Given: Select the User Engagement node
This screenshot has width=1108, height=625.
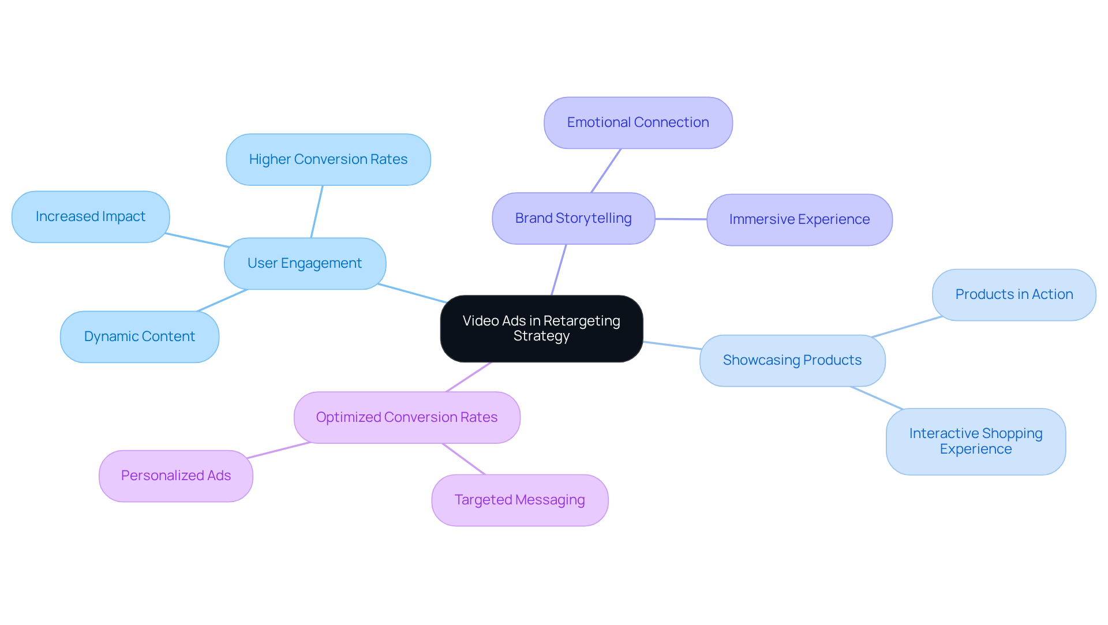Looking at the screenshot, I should pyautogui.click(x=305, y=264).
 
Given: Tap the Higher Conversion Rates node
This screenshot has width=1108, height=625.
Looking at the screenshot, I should pyautogui.click(x=328, y=160).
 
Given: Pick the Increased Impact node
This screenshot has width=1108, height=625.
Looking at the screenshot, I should pyautogui.click(x=91, y=217).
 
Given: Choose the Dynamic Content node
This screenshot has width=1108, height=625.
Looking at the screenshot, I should pyautogui.click(x=139, y=337).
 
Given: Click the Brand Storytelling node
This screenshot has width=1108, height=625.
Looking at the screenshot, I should pyautogui.click(x=573, y=219).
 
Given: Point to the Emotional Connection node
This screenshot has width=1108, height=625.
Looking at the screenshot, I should pyautogui.click(x=638, y=123).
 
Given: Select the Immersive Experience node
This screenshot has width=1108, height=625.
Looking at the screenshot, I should pyautogui.click(x=799, y=220).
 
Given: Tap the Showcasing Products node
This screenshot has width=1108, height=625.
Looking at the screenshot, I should pyautogui.click(x=792, y=361).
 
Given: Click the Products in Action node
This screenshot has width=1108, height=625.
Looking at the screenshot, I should pyautogui.click(x=1014, y=295).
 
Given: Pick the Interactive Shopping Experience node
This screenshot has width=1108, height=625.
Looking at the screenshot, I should pyautogui.click(x=975, y=441).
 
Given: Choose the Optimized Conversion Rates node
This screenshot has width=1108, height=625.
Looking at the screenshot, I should pyautogui.click(x=407, y=418).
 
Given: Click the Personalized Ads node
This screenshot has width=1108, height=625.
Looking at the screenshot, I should pyautogui.click(x=176, y=476).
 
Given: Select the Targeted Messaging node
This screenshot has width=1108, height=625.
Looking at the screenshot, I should pyautogui.click(x=519, y=500).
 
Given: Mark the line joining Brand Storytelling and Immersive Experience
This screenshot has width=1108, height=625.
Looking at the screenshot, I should pyautogui.click(x=681, y=219).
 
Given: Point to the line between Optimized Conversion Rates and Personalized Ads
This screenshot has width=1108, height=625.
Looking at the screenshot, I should pyautogui.click(x=279, y=451).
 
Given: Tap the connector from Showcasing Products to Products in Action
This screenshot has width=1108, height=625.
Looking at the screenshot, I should pyautogui.click(x=907, y=327).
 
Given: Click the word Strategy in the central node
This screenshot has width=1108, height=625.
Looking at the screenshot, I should pyautogui.click(x=541, y=336).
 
